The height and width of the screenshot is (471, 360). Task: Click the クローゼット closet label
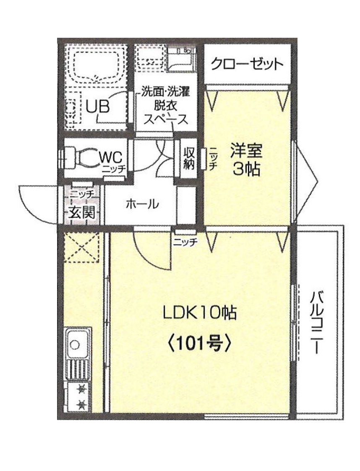pyautogui.click(x=247, y=65)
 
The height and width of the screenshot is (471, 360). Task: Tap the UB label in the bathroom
pyautogui.click(x=98, y=107)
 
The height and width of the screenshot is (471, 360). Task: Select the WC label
pyautogui.click(x=111, y=157)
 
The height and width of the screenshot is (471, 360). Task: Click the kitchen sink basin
pyautogui.click(x=76, y=344)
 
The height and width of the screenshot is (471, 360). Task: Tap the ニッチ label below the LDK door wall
pyautogui.click(x=185, y=241)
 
